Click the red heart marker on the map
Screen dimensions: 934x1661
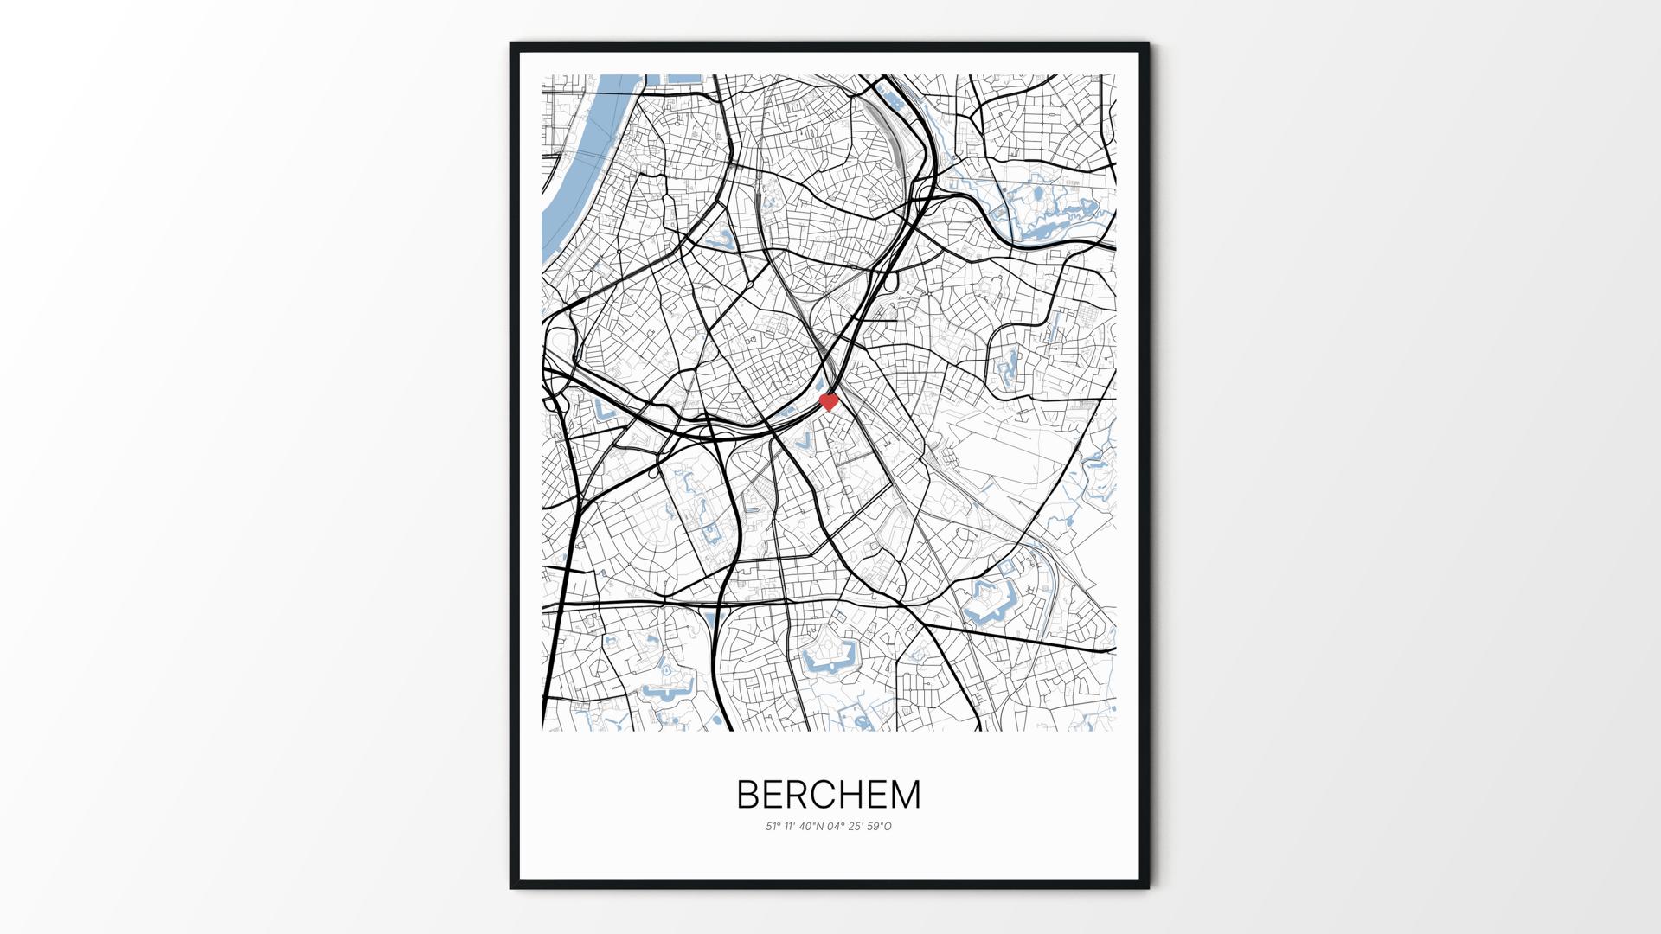[x=829, y=401]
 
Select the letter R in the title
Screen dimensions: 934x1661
[x=798, y=795]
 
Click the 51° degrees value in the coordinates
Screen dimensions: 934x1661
[x=773, y=827]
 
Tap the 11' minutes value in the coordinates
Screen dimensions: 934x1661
[x=790, y=827]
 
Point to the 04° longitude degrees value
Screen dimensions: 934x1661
[x=837, y=827]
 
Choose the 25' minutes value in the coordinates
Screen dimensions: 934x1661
[x=856, y=827]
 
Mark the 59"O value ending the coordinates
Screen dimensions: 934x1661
[x=878, y=827]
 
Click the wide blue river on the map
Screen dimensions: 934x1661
[x=571, y=173]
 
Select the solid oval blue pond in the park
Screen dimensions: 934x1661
[x=1036, y=196]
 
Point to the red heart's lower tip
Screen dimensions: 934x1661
[x=829, y=409]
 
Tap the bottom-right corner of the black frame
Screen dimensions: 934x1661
[x=1149, y=887]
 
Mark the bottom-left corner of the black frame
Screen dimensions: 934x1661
[x=511, y=887]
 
